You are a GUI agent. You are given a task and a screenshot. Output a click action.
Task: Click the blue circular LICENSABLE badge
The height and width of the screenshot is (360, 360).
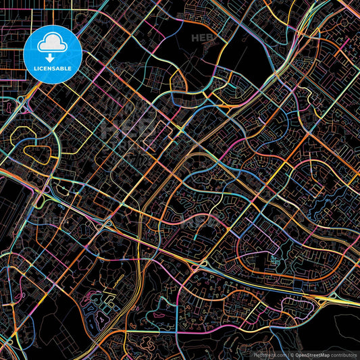tap(53, 53)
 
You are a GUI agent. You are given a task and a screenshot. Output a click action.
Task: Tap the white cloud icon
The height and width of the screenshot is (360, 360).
tap(53, 45)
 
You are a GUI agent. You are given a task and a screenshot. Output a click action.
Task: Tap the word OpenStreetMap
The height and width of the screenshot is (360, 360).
tap(313, 354)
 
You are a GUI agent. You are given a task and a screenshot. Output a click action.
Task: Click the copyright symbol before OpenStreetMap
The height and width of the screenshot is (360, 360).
tap(291, 354)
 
